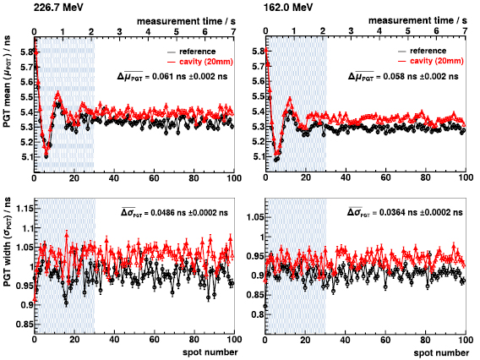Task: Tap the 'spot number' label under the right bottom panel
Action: [439, 352]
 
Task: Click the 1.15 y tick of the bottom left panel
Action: [20, 206]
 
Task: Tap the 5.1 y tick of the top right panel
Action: [253, 155]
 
